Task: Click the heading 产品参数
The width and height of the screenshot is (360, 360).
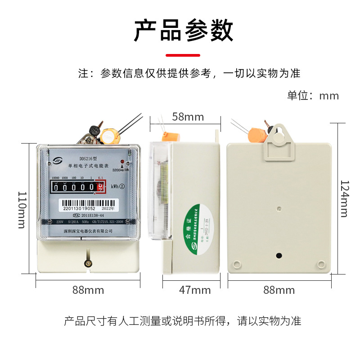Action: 183,31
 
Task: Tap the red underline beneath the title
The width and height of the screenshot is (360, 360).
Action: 183,55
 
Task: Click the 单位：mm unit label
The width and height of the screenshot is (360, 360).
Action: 313,96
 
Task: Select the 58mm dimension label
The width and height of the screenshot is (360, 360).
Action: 188,117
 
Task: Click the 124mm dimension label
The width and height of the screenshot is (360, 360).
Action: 344,198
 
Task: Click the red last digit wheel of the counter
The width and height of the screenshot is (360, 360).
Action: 101,186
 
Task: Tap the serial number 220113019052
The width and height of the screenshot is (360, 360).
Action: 79,209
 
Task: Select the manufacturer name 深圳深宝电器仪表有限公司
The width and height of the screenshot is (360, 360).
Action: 88,230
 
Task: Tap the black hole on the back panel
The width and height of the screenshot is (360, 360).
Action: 279,256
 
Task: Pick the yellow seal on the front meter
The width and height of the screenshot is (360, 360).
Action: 109,135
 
